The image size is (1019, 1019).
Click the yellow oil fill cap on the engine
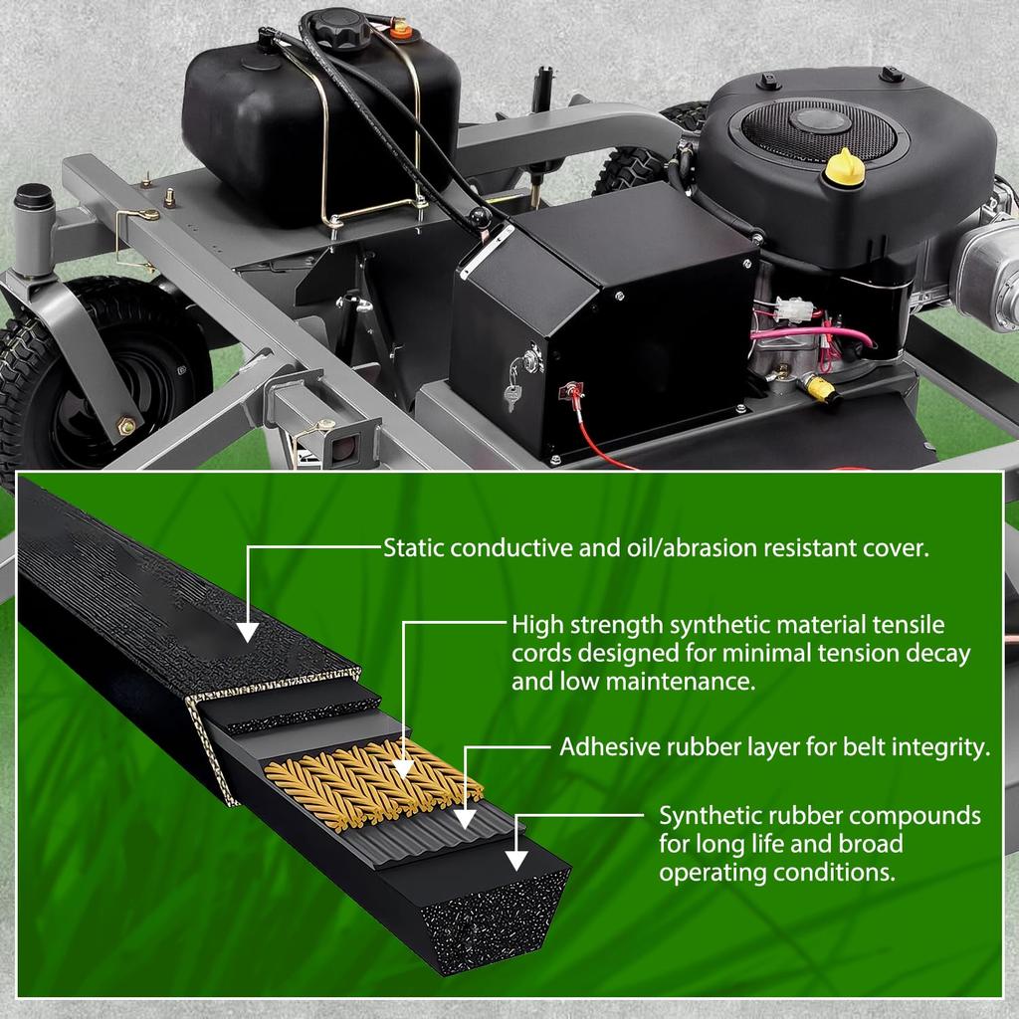click(844, 168)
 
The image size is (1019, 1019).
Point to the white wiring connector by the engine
click(793, 309)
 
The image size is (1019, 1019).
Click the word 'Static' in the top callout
click(415, 548)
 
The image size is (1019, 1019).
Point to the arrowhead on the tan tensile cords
click(403, 768)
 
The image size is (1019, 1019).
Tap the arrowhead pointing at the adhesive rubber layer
click(464, 819)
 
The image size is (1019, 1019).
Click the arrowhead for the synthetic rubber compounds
click(516, 861)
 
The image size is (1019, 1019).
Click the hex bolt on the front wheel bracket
click(126, 426)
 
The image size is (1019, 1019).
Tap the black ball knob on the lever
click(480, 217)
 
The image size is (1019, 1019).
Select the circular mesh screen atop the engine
click(818, 130)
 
